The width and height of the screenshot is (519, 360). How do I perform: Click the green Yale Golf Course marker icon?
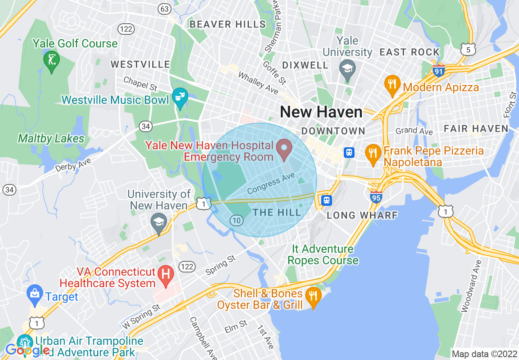point(52,61)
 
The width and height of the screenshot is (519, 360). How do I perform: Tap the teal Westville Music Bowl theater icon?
point(180,97)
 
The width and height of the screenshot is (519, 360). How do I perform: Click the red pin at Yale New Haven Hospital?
point(284,148)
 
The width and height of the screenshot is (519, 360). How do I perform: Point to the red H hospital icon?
point(166,272)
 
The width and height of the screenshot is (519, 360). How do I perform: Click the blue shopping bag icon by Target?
point(35,293)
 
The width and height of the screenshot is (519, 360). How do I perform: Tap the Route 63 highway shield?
point(165,9)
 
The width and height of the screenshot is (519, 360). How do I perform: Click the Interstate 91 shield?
point(438,70)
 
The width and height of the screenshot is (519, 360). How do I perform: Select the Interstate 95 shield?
point(376,197)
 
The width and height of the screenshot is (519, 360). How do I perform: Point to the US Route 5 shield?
point(468,49)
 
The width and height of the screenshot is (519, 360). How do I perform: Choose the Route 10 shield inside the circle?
point(237,220)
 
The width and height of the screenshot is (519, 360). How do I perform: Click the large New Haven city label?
point(321,112)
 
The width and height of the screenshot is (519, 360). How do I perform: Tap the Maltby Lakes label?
point(51,139)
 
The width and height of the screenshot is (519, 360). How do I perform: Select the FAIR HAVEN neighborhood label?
point(476,129)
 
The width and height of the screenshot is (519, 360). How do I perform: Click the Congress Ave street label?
point(271,184)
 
